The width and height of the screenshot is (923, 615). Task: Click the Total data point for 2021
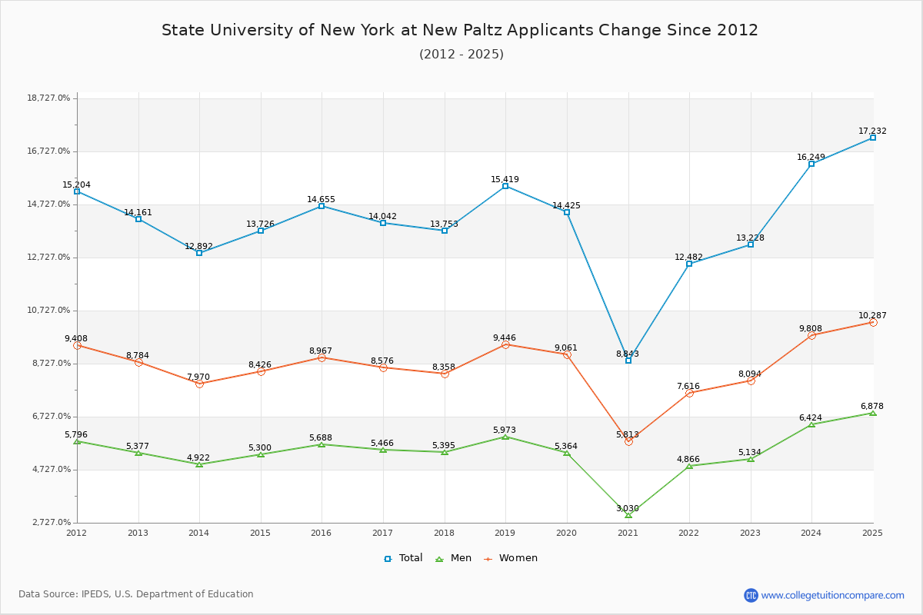pyautogui.click(x=628, y=360)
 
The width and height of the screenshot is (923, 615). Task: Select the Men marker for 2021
pyautogui.click(x=628, y=514)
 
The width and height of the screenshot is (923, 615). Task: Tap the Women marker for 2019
pyautogui.click(x=505, y=344)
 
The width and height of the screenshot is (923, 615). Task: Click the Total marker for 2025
pyautogui.click(x=873, y=138)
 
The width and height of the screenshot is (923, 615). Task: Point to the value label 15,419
pyautogui.click(x=505, y=180)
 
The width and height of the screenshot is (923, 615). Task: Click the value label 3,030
pyautogui.click(x=628, y=508)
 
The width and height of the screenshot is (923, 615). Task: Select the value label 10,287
pyautogui.click(x=872, y=316)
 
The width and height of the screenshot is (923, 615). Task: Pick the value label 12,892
pyautogui.click(x=199, y=247)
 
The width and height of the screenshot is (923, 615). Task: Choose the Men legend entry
pyautogui.click(x=455, y=558)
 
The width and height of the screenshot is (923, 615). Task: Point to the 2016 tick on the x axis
pyautogui.click(x=322, y=533)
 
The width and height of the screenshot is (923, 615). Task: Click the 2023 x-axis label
pyautogui.click(x=750, y=533)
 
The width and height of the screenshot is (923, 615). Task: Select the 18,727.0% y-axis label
pyautogui.click(x=48, y=98)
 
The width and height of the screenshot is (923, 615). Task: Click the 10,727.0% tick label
pyautogui.click(x=48, y=311)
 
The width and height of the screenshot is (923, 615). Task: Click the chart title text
pyautogui.click(x=460, y=31)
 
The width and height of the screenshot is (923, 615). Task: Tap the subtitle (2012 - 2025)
pyautogui.click(x=461, y=55)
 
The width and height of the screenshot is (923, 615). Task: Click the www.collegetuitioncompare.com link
pyautogui.click(x=832, y=595)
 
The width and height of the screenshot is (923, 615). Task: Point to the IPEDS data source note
pyautogui.click(x=136, y=594)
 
